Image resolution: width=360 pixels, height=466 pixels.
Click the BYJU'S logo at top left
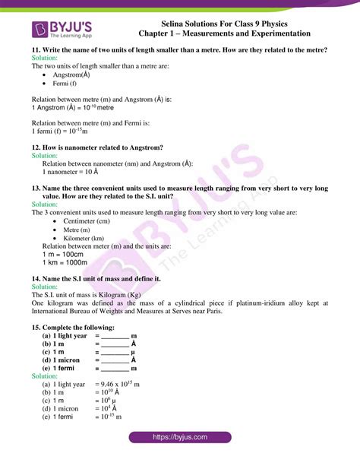pos(63,30)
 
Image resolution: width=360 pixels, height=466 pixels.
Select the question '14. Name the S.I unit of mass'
pos(95,279)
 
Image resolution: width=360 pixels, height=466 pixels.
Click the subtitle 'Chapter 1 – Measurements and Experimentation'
pos(226,33)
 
